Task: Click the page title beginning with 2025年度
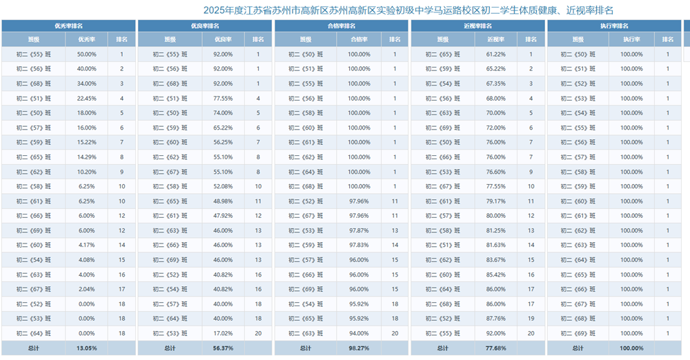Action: pos(408,10)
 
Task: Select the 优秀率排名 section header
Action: pos(68,26)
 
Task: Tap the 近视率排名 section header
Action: pos(478,26)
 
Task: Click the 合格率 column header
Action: pos(359,39)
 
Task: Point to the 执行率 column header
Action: pos(631,39)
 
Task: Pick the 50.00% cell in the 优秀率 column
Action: pos(87,54)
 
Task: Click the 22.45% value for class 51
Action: pos(87,99)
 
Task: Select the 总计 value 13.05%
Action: pos(87,348)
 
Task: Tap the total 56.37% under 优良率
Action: pos(223,348)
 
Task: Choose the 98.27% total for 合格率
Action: pos(359,348)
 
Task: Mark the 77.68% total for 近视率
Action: pos(496,348)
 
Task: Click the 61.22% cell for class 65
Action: pos(496,54)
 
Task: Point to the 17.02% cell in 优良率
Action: pos(223,334)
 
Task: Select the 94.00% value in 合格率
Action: pos(359,334)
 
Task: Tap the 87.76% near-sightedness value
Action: pos(496,319)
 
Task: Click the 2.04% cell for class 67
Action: pos(87,289)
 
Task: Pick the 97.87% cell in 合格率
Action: pos(359,230)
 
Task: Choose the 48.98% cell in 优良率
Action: pos(223,201)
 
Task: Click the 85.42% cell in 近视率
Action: pos(496,274)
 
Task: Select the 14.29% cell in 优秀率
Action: pos(87,157)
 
